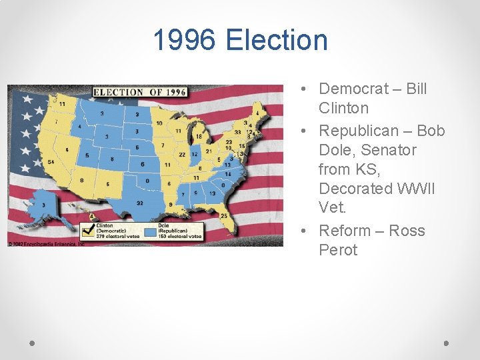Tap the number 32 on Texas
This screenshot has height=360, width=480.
139,203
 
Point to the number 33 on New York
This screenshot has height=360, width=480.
237,132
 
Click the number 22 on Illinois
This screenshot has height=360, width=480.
183,155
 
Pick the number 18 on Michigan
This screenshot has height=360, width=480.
199,137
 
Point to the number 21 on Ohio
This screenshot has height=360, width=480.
209,151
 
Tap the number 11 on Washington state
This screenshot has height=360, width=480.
62,104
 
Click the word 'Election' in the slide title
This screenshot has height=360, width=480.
277,40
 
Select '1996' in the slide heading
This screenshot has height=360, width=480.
185,40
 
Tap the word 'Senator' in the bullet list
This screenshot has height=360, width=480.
389,150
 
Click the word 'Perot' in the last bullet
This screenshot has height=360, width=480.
338,250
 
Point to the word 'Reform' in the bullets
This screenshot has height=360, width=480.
346,231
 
